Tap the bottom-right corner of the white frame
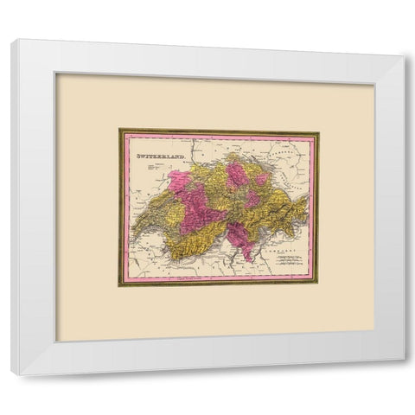click(x=403, y=373)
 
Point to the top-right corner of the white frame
click(x=403, y=40)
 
